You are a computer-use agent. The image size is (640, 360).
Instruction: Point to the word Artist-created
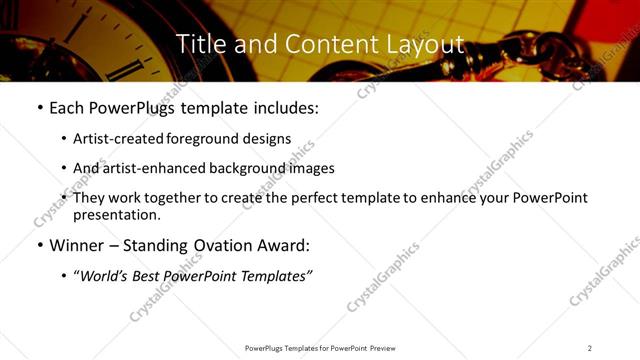point(119,139)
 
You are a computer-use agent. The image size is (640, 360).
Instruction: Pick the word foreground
point(203,139)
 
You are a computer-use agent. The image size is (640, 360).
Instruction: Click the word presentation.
point(117,214)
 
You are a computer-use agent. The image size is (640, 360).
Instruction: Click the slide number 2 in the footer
point(590,347)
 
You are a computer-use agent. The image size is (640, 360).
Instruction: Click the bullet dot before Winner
point(39,245)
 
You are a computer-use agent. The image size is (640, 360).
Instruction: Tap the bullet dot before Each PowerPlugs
point(39,108)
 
